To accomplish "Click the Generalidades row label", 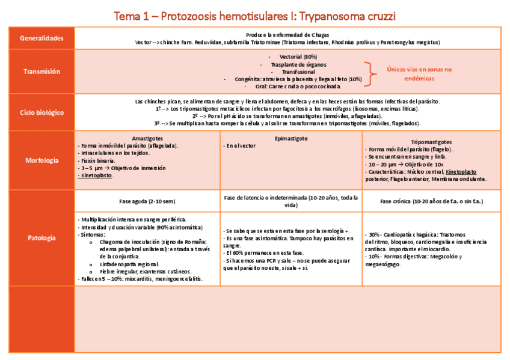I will [41, 38].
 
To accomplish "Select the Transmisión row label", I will [41, 72].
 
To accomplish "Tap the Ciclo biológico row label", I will [41, 112].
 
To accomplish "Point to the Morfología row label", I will [41, 160].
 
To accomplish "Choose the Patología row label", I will [41, 238].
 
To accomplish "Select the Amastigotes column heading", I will [147, 138].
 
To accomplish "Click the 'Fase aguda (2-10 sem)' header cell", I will [147, 201].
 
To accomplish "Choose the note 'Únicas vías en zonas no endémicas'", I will [414, 73].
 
